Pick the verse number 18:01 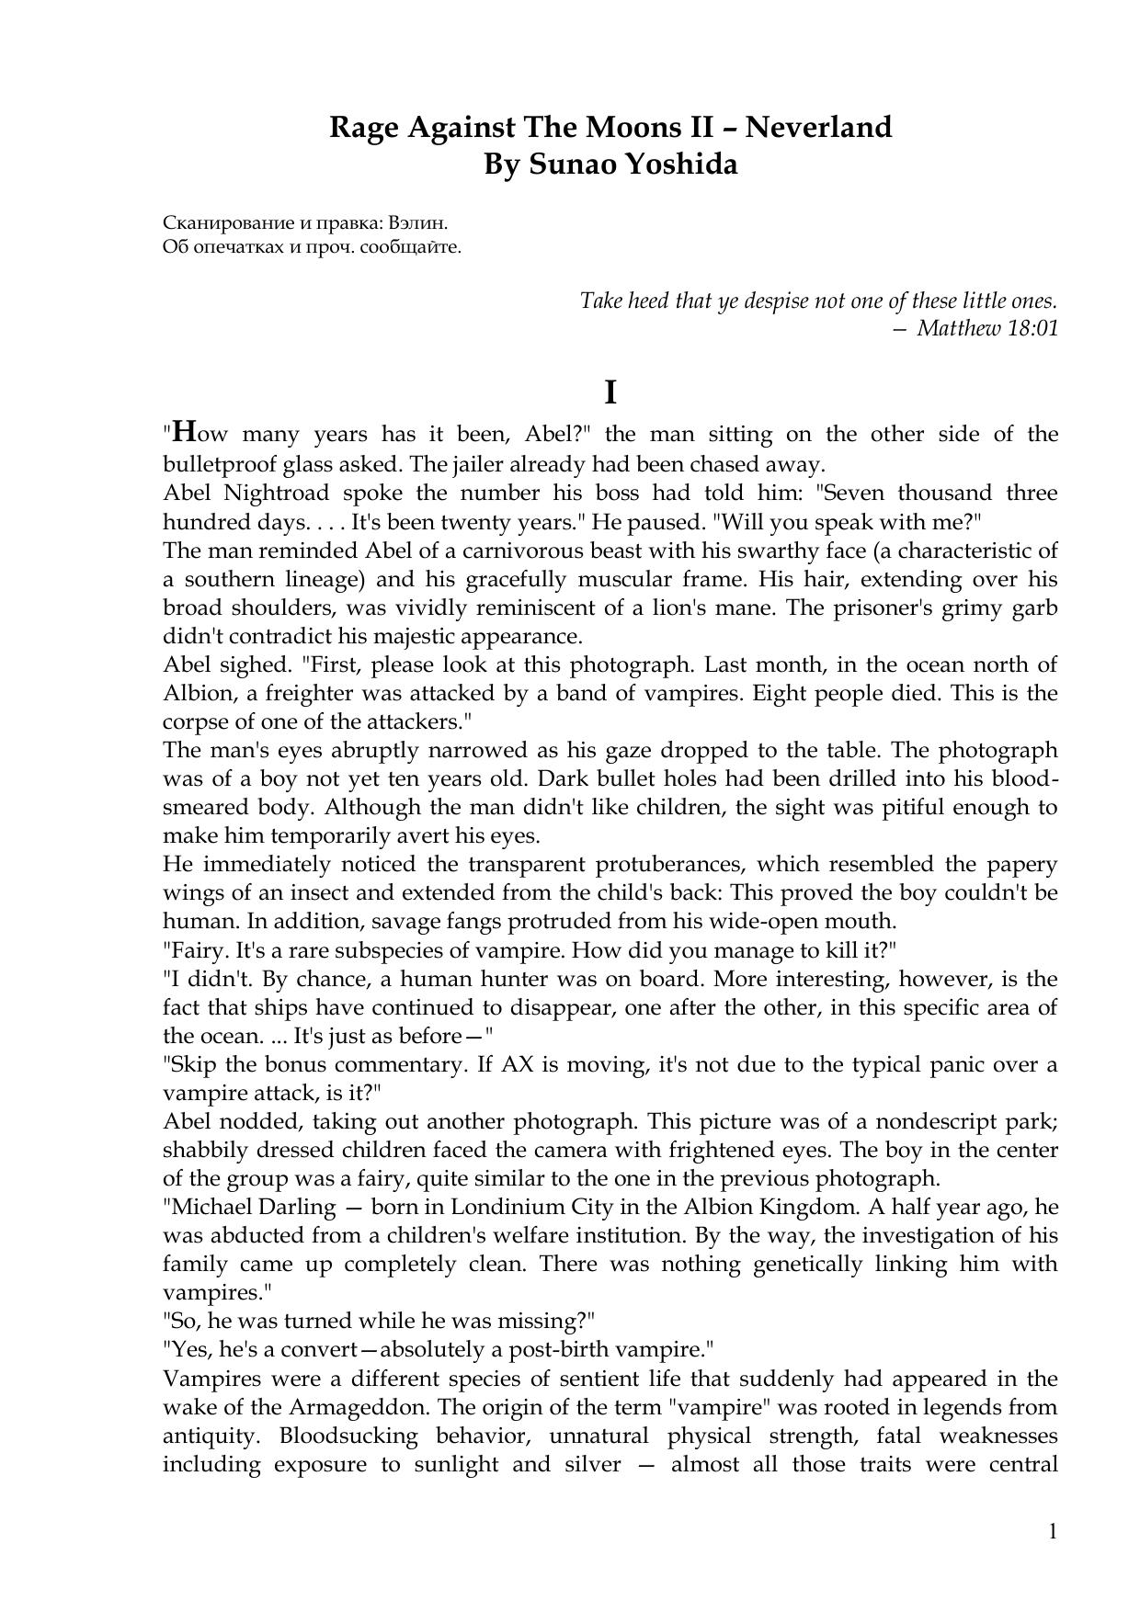click(1033, 327)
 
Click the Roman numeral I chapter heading click(610, 393)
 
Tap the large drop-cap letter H click(185, 431)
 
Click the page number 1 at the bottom click(1053, 1531)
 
